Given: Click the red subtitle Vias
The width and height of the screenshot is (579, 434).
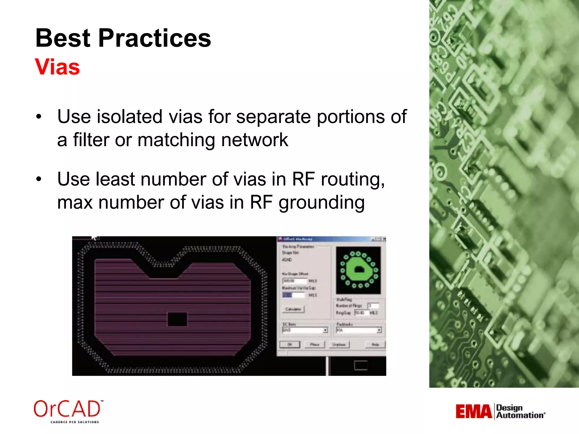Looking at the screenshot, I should (57, 67).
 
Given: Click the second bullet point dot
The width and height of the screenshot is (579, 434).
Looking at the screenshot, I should (39, 179).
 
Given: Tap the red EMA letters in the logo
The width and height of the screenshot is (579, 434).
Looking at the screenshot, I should (474, 411).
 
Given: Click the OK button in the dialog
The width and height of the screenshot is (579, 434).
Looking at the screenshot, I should (289, 344).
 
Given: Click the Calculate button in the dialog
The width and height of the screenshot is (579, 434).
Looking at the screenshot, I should (293, 309).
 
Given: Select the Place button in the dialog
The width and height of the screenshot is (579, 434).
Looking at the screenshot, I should (314, 344).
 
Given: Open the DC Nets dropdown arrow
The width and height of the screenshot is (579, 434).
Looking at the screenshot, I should (325, 330).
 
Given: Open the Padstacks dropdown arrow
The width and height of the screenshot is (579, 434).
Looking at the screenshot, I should (379, 330).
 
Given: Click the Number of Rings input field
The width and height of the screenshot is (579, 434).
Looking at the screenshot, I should (373, 305).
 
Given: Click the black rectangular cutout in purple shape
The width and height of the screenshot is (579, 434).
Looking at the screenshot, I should (177, 320).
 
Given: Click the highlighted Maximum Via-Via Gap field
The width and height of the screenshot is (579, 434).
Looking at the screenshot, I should (293, 295).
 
